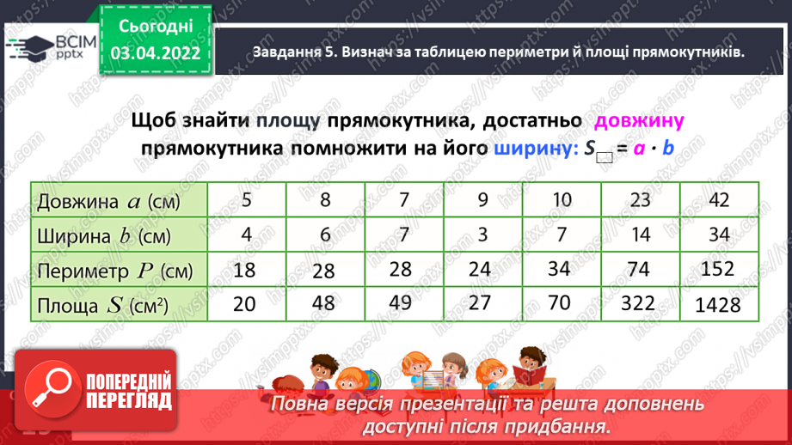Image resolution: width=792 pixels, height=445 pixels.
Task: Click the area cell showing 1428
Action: tap(718, 304)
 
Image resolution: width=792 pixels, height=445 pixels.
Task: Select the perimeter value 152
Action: tap(718, 270)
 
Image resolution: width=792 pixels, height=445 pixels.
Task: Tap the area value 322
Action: tap(638, 303)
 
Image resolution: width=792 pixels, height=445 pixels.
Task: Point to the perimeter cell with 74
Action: tap(638, 269)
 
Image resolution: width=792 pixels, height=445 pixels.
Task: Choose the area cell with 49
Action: tap(402, 303)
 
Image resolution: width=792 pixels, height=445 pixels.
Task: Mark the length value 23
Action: tap(638, 201)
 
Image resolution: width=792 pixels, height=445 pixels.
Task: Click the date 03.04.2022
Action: tap(155, 53)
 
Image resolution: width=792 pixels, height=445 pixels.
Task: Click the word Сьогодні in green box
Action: tap(155, 27)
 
